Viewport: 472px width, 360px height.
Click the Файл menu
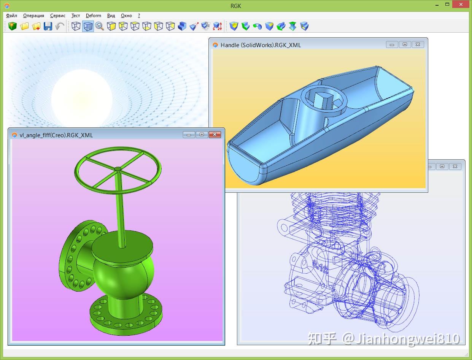point(12,16)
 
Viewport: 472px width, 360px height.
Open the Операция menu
point(33,16)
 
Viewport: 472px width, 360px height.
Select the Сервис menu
point(58,16)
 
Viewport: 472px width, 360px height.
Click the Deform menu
point(93,16)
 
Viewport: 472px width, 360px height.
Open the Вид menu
point(111,16)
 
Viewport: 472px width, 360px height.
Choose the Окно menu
point(126,16)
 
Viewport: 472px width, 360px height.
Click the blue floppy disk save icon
point(48,26)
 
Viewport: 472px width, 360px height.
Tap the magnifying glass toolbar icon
point(100,26)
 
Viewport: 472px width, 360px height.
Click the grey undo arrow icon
point(60,26)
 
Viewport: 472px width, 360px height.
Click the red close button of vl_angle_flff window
point(215,135)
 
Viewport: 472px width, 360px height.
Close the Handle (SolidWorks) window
point(418,44)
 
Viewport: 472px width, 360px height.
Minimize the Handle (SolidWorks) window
point(392,44)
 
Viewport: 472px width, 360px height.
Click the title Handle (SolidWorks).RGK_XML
point(261,45)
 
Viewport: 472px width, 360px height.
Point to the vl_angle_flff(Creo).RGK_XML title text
point(56,135)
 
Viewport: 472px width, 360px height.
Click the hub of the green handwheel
point(118,168)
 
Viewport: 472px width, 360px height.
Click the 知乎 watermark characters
point(322,338)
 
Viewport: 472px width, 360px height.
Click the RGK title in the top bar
point(236,6)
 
